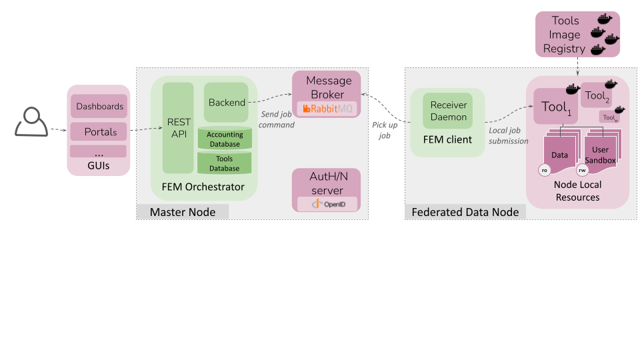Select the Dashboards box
(99, 106)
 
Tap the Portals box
(99, 131)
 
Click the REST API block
(178, 128)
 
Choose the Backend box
(226, 103)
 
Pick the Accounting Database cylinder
(225, 139)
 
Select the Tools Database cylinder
(225, 163)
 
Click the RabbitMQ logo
(327, 109)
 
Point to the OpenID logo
(327, 204)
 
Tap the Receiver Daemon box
(448, 111)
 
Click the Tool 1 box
(555, 107)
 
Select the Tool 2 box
(596, 95)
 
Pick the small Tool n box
(609, 117)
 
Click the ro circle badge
(545, 170)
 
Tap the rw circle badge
(582, 170)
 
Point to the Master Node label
(183, 212)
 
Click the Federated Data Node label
(465, 212)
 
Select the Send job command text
(276, 119)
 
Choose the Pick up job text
(385, 130)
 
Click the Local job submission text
(508, 135)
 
